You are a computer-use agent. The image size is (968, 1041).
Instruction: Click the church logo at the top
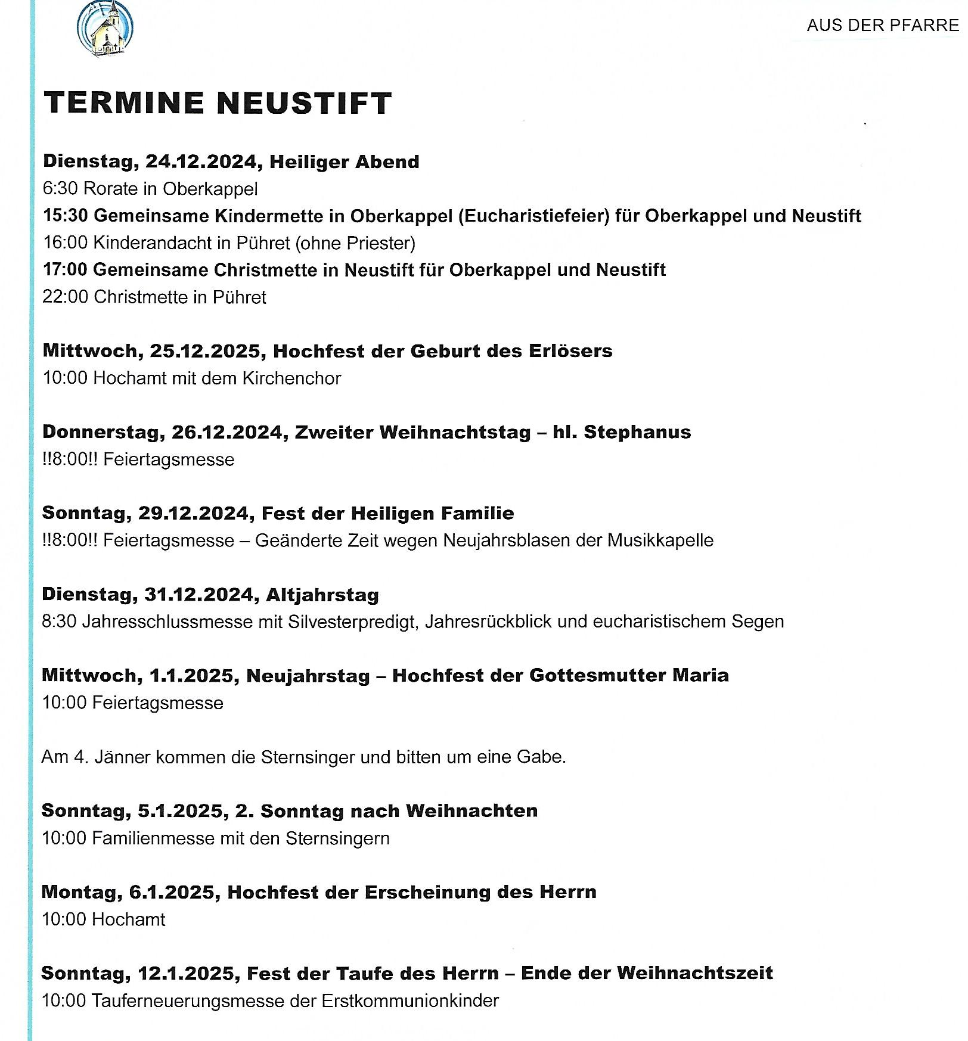[105, 29]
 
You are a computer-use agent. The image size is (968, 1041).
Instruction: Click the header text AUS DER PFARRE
[882, 25]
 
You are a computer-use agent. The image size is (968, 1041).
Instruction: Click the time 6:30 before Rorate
[60, 189]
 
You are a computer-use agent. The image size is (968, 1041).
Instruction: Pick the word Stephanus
[637, 432]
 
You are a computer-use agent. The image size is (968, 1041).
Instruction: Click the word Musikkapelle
[660, 540]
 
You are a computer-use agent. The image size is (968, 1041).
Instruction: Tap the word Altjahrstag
[322, 595]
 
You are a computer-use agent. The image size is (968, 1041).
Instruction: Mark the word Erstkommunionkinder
[409, 1000]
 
